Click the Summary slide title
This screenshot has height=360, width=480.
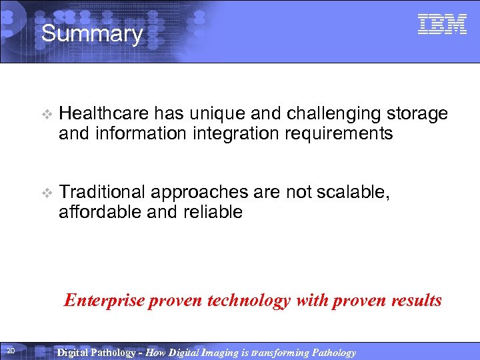(x=92, y=33)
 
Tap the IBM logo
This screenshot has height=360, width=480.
(x=442, y=25)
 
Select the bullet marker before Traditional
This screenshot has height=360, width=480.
(x=45, y=193)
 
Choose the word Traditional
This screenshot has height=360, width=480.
(x=102, y=193)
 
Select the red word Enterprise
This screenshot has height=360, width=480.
(x=103, y=301)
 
